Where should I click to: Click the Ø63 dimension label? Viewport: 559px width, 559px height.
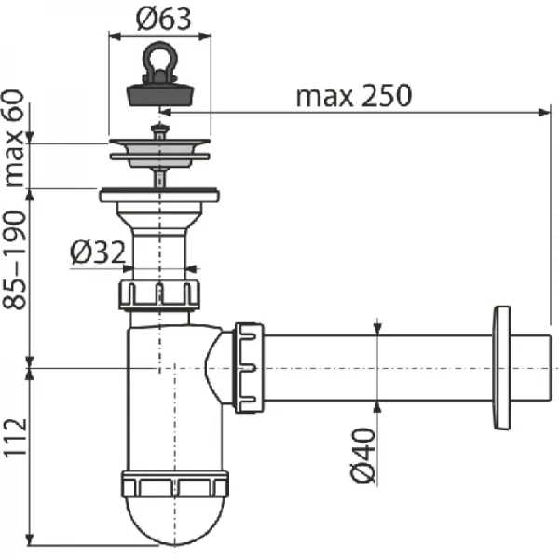[164, 19]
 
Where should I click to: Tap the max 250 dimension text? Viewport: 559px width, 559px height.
[354, 96]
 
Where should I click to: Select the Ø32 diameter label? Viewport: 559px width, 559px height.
[98, 252]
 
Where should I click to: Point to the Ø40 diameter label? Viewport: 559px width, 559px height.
[363, 456]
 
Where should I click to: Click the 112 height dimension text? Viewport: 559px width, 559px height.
[15, 437]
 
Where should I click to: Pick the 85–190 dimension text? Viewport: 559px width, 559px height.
[15, 260]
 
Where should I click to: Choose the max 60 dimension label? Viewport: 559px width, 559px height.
[15, 138]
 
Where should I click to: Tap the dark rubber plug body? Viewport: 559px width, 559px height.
[160, 95]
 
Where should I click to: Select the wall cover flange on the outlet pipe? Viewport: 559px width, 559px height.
[502, 368]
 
